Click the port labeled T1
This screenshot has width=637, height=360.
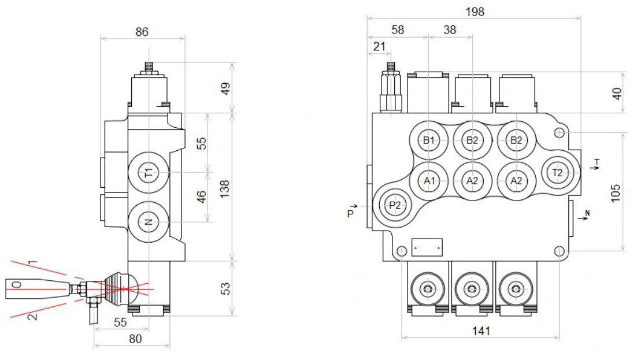tap(149, 173)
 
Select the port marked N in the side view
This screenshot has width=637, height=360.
tap(149, 222)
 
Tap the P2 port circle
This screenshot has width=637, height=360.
tap(394, 206)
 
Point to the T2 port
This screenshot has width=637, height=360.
tap(558, 172)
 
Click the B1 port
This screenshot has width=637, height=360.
tap(428, 140)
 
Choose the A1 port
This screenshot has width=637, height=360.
tap(428, 181)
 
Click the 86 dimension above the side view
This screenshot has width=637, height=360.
tap(142, 33)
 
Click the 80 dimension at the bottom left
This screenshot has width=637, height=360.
tap(135, 339)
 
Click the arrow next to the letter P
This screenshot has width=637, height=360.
tap(354, 206)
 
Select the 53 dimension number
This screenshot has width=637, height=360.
tap(225, 288)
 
